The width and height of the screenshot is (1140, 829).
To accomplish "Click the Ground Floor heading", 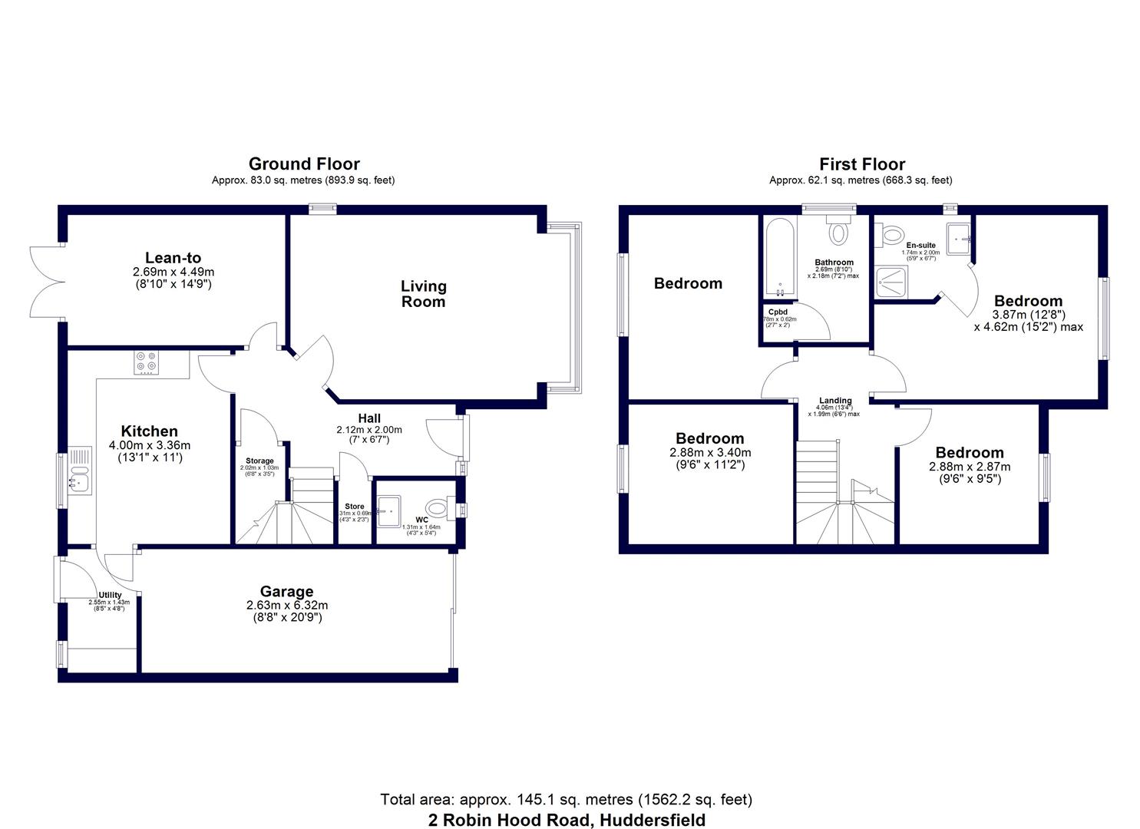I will pos(304,163).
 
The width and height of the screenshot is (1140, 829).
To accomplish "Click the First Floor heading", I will pos(861,164).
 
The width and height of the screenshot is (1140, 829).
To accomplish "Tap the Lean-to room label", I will pos(173,258).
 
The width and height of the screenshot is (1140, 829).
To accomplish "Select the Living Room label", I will pos(423,294).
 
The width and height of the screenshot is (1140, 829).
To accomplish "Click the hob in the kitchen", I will pos(146,362).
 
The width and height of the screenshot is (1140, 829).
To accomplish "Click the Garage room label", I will pos(286,591).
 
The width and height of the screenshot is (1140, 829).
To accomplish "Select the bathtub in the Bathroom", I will pos(778,259).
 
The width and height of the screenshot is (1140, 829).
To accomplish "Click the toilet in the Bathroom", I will pos(837,230).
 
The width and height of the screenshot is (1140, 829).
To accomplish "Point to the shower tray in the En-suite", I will pos(891,281).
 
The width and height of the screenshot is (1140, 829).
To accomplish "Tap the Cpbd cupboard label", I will pos(777,312).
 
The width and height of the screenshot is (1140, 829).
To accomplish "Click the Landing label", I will pos(834,401).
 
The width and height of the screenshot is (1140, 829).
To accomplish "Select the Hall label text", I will pos(369,418).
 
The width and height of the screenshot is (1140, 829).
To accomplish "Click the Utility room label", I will pos(110,595).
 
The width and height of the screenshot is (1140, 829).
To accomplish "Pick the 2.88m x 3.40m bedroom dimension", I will pos(709,453).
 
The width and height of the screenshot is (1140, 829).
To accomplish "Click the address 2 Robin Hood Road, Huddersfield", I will pos(567,820).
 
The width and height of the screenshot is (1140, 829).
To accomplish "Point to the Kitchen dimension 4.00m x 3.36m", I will pos(149,445).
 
